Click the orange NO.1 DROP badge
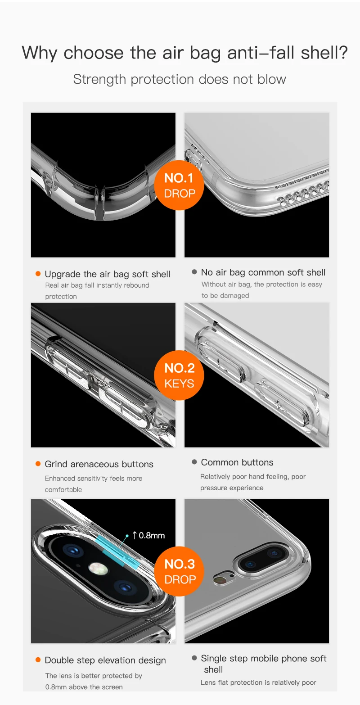179,185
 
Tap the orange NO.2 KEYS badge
179,375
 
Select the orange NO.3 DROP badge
180,572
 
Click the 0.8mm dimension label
152,535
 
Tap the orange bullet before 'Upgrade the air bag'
38,274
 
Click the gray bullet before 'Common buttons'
194,462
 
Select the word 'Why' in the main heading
39,53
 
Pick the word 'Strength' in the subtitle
99,79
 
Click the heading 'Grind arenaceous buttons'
99,464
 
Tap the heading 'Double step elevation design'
105,660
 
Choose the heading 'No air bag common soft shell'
263,272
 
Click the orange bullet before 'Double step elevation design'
38,660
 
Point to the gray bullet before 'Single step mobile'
194,658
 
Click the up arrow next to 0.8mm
135,535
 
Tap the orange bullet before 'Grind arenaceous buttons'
38,464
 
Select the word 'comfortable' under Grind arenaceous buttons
63,489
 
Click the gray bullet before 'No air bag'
194,271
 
